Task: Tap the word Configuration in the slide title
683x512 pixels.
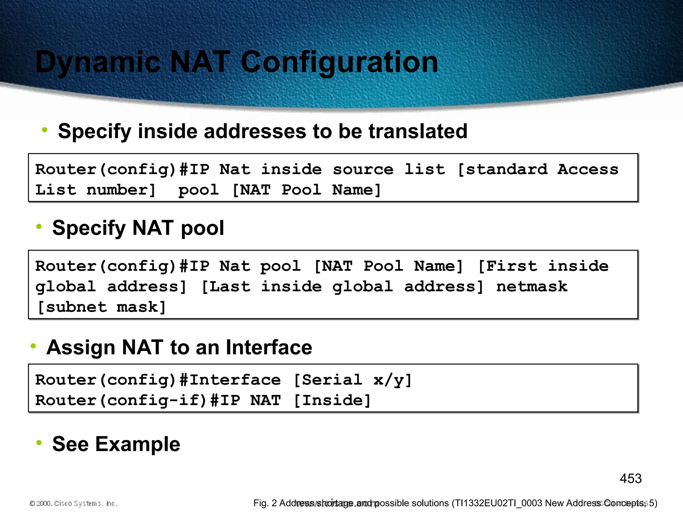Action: click(x=339, y=62)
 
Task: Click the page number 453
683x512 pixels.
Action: click(x=630, y=479)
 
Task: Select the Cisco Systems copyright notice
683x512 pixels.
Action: click(x=73, y=503)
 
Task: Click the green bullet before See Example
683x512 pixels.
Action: click(x=39, y=443)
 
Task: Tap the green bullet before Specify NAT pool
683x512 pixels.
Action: click(x=39, y=227)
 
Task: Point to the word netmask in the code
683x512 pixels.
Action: click(x=532, y=287)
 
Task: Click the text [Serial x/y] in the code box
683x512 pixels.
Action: click(x=353, y=380)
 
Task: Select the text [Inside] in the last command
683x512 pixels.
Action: click(x=332, y=400)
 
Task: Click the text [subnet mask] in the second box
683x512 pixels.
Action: click(x=101, y=307)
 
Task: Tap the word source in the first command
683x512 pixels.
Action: click(x=363, y=169)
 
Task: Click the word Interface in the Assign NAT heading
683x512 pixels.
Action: click(x=269, y=347)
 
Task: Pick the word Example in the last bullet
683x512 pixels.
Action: click(x=137, y=444)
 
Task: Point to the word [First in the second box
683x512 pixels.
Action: click(x=507, y=266)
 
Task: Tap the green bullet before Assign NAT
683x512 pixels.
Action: click(x=33, y=346)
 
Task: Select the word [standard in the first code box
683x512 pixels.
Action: click(x=502, y=169)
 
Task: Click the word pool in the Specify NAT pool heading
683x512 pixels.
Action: click(x=202, y=228)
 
